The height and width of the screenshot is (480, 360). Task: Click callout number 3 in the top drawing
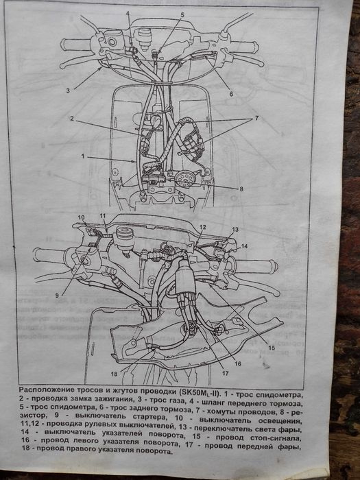pos(68,91)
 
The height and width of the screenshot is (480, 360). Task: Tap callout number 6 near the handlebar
pos(231,94)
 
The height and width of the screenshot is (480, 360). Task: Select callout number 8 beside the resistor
pos(241,189)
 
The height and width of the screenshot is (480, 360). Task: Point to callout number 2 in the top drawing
pos(71,119)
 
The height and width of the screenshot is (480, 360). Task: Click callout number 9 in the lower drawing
pos(57,296)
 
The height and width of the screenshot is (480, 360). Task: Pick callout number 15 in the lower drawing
pos(272,348)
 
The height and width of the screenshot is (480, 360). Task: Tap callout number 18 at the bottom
pos(114,374)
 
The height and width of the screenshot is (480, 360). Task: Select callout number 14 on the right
pos(244,245)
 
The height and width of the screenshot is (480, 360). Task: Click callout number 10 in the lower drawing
pos(81,217)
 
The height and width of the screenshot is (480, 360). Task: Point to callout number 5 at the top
pos(182,14)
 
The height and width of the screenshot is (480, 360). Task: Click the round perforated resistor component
pos(184,180)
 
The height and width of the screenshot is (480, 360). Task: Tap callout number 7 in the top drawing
pos(256,118)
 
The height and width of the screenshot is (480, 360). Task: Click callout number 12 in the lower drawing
pos(202,227)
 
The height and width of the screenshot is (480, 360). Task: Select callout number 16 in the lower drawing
pos(238,363)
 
